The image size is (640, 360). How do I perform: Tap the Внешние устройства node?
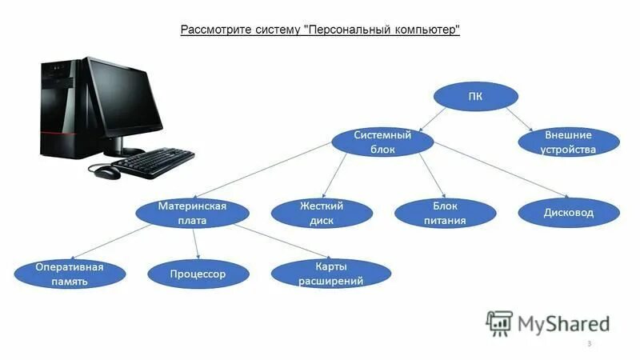[568, 142]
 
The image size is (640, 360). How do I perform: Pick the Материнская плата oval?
[192, 214]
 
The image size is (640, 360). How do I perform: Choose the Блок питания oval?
[442, 214]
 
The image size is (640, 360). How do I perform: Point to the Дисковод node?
[568, 213]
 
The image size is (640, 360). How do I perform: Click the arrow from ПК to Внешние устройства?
[521, 120]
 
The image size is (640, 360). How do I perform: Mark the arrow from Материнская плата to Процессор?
[196, 244]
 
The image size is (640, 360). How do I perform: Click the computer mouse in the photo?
[105, 171]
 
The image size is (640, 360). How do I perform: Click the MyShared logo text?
[562, 323]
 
